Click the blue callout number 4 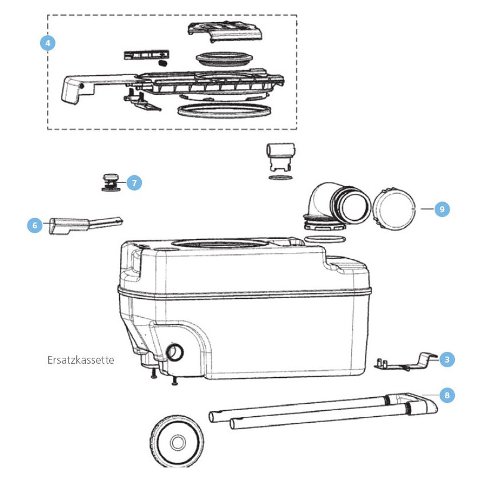tap(48, 43)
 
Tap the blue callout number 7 tap(134, 183)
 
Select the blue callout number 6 tap(35, 225)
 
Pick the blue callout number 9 tap(441, 209)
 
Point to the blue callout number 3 tap(447, 359)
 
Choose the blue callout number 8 tap(447, 395)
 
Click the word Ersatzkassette tap(80, 360)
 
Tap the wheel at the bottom tap(177, 443)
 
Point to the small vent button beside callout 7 tap(110, 182)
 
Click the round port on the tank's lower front tap(175, 352)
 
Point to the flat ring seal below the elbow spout tap(324, 239)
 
